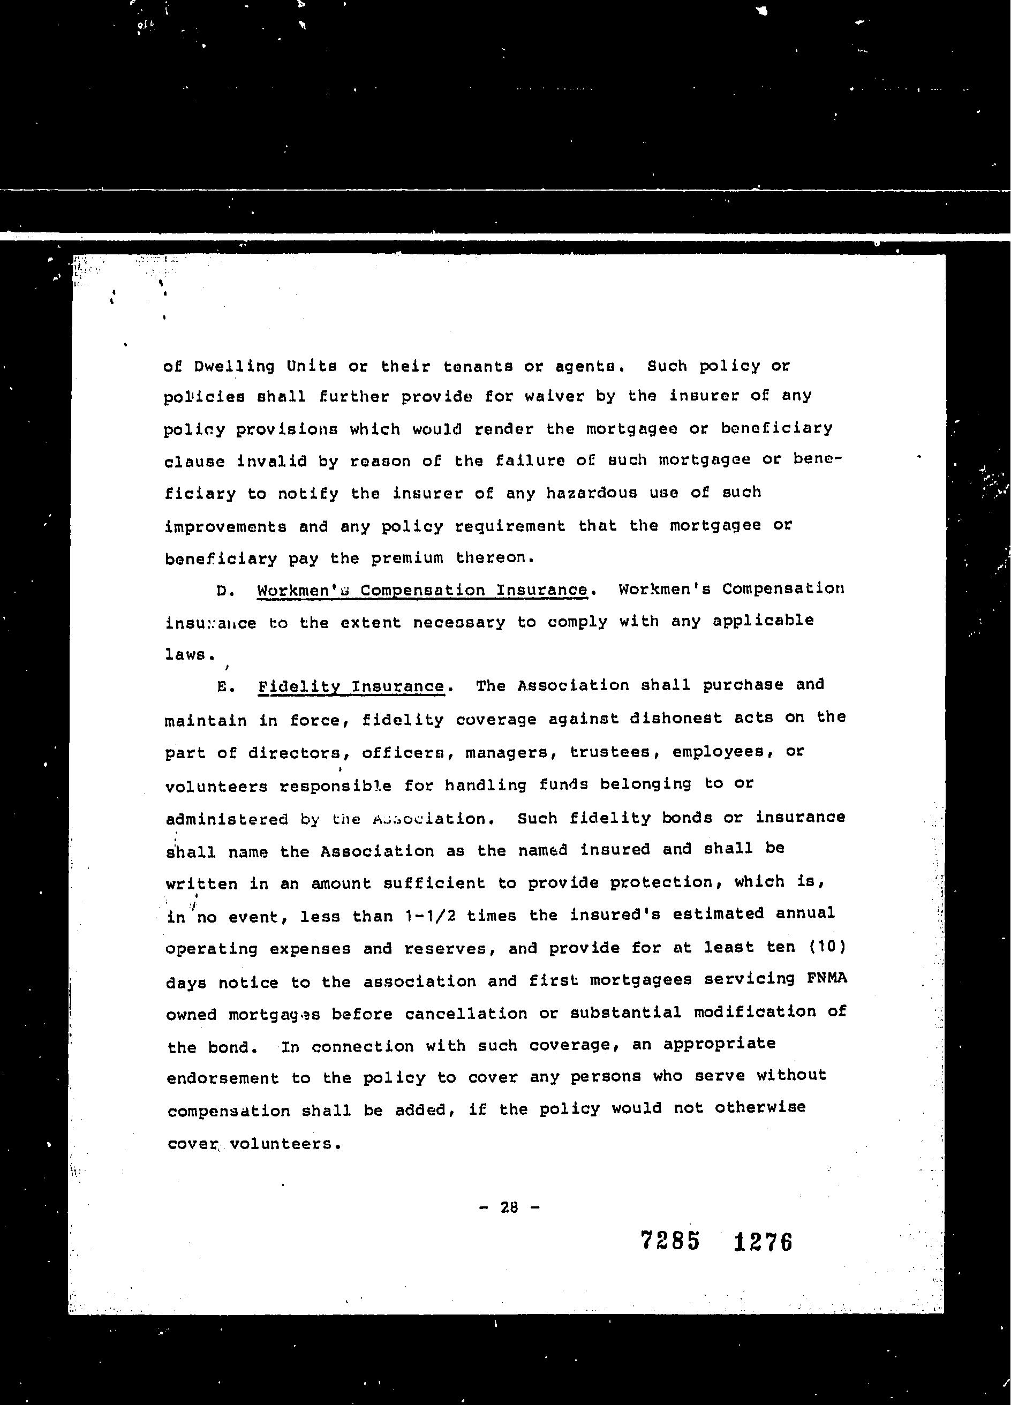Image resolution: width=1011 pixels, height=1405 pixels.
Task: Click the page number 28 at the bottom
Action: pos(509,1207)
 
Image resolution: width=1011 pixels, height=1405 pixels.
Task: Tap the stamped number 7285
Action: pos(670,1241)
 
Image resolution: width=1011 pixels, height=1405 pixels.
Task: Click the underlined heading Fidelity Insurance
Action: pos(351,686)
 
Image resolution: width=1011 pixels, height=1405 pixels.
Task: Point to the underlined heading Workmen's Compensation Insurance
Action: pos(422,590)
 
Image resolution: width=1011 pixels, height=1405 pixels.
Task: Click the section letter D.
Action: pos(225,591)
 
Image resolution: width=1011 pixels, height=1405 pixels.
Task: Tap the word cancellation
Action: pos(466,1014)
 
